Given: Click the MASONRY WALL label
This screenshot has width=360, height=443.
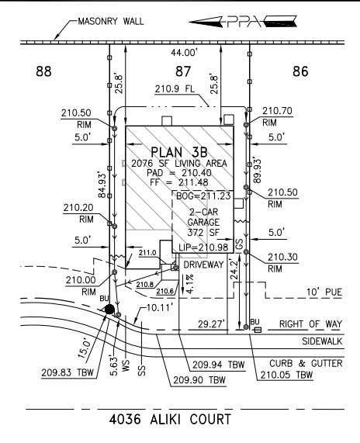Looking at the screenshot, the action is coord(111,22).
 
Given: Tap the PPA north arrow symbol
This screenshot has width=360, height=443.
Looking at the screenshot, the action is coord(243,22).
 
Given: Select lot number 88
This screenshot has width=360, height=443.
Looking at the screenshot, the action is coord(43,71).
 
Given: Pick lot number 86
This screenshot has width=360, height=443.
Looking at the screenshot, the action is coord(300,71).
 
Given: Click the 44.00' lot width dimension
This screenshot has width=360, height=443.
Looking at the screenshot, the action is coord(185,52).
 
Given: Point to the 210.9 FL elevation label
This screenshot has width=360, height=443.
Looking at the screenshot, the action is coord(175,89).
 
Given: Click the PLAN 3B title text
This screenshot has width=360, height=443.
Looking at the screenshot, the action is coord(179,152).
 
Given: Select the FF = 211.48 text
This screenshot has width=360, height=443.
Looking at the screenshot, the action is coord(179,182).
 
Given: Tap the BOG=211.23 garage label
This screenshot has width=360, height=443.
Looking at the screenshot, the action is coord(203,196).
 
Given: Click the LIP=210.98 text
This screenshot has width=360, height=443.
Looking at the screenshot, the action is coord(203,247).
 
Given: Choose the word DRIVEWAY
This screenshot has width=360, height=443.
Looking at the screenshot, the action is coord(203,265).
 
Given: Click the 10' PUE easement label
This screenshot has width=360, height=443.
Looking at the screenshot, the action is coord(324,292).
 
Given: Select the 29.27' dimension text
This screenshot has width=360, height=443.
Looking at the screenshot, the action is coord(211,324).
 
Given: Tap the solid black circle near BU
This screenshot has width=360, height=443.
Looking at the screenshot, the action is coord(109,310).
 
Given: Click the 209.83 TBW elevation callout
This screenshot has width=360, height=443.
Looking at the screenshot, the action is coord(67,372).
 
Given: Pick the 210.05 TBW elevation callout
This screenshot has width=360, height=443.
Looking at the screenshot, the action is coord(286,375).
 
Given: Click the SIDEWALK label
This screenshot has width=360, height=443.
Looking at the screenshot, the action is coord(322,341).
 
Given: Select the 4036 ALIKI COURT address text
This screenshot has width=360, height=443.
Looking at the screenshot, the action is coord(170,419).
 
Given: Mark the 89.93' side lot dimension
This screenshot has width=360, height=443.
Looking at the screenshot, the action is coord(257,171).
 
